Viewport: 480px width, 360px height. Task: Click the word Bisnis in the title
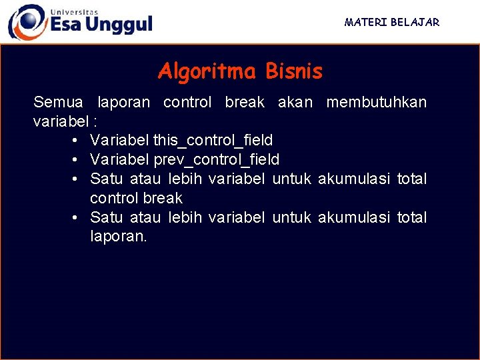coord(293,71)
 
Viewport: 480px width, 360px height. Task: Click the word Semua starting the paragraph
coord(58,103)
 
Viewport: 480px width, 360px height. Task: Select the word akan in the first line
coord(295,103)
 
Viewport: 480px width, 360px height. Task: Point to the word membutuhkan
coord(376,103)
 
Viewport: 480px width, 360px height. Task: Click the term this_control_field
coord(213,141)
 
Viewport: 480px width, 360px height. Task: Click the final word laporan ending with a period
coord(118,237)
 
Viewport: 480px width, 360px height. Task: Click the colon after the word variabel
coord(95,122)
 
